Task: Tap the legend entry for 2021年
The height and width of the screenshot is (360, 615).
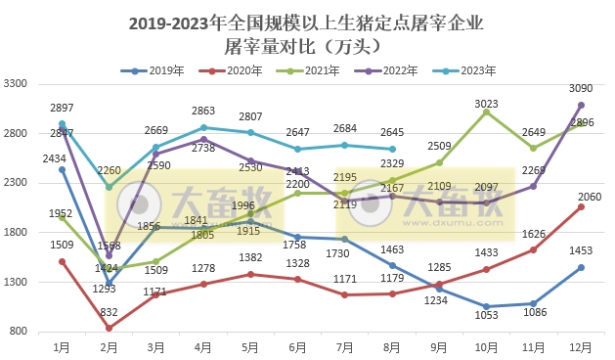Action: [x=311, y=70]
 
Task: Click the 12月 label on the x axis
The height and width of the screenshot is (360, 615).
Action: [x=581, y=345]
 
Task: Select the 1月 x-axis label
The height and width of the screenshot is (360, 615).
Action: [x=62, y=345]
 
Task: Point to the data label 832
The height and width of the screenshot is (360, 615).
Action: [x=109, y=312]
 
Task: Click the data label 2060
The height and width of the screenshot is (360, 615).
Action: [x=584, y=197]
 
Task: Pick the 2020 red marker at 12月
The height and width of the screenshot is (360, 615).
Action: [x=581, y=206]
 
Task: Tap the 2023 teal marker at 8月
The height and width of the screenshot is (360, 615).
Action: [x=392, y=150]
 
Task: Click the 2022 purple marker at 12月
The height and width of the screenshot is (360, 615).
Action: [x=581, y=105]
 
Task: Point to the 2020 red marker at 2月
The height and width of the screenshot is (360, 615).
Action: [x=109, y=328]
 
